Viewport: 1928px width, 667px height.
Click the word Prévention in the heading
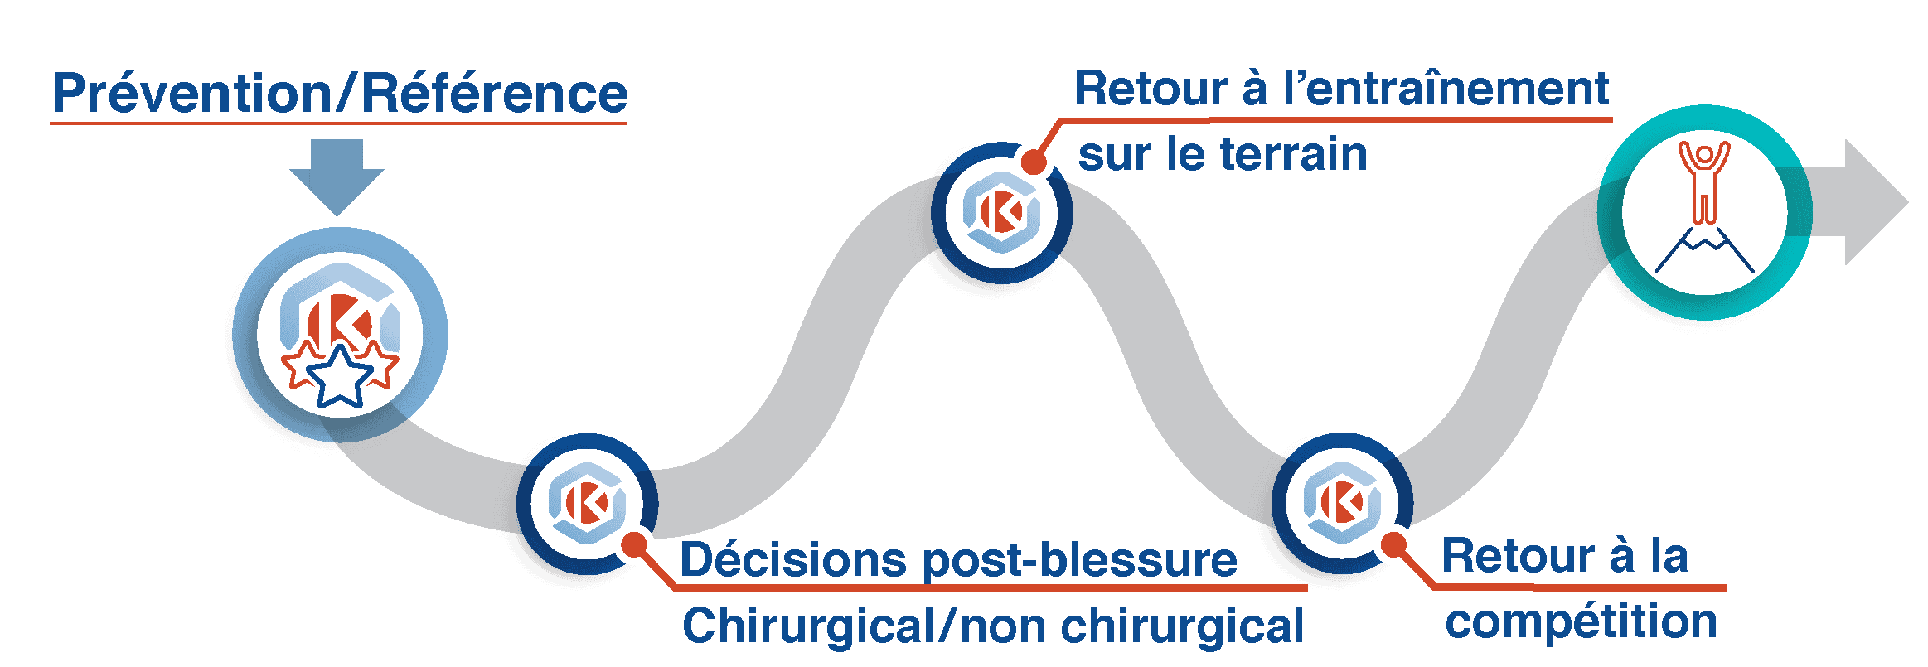click(191, 94)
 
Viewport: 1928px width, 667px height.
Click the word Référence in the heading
click(494, 94)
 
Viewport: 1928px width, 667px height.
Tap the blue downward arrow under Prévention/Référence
click(337, 176)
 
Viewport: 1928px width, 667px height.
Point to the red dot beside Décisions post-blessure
click(635, 544)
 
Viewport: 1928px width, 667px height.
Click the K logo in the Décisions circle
click(587, 502)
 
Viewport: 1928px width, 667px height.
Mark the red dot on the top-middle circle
click(1034, 161)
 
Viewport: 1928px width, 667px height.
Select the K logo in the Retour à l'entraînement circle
click(1001, 212)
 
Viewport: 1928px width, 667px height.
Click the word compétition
click(1581, 621)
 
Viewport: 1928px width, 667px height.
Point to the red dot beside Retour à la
click(1394, 545)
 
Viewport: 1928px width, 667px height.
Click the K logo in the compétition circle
click(1342, 501)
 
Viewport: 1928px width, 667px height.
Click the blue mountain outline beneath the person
click(1705, 252)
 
